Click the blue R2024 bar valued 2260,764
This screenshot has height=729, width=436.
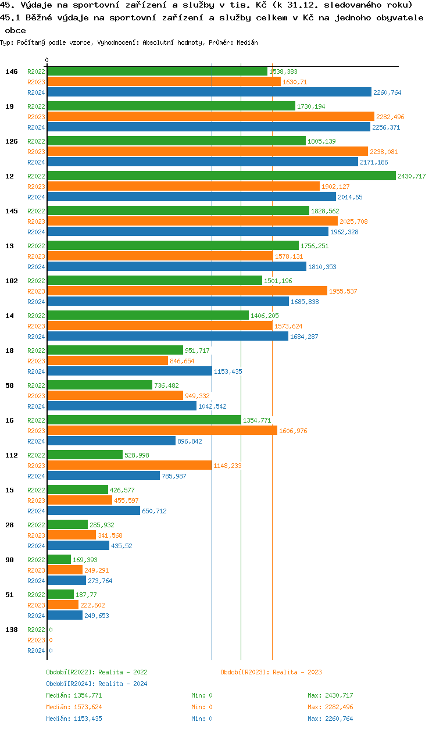209,92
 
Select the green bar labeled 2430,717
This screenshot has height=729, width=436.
221,176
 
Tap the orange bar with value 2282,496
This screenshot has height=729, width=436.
210,116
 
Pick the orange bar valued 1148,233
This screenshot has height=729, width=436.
129,465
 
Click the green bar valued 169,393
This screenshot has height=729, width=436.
59,559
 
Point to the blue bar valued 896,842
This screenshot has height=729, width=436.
111,441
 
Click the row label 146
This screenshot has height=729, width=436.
12,72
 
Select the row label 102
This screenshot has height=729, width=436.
12,281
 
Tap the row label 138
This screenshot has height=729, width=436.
12,630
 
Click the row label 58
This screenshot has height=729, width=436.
10,385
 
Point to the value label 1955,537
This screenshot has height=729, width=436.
343,291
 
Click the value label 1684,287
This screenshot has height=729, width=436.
304,337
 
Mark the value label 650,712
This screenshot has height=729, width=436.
154,511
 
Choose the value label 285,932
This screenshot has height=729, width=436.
102,525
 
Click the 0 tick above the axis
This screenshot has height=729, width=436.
47,60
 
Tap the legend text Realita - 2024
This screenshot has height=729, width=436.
123,684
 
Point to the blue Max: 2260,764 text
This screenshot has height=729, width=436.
330,719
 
